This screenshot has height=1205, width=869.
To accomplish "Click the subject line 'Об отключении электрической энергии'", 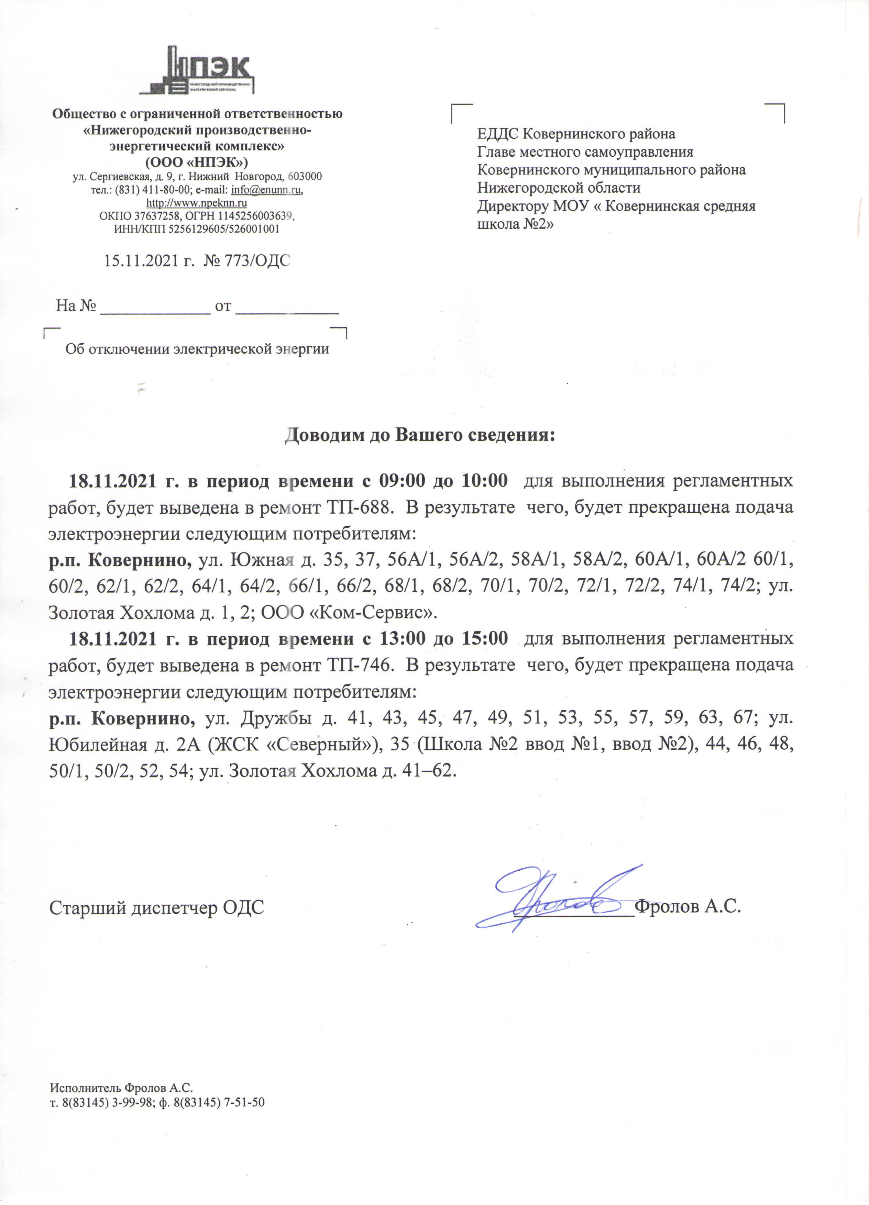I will pos(197,349).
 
